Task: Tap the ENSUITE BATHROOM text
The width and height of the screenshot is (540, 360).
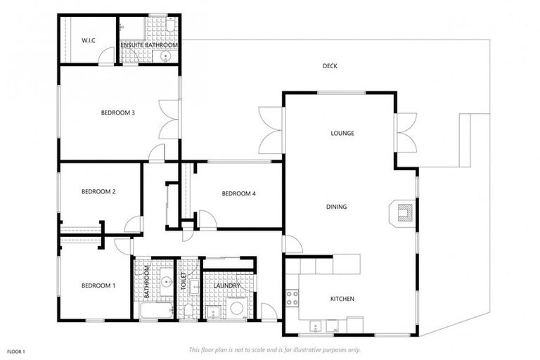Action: click(x=148, y=45)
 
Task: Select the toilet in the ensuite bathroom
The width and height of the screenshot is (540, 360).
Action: click(x=172, y=27)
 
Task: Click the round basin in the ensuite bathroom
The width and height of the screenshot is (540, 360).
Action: click(x=165, y=58)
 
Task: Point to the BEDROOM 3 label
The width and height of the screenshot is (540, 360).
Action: click(x=117, y=112)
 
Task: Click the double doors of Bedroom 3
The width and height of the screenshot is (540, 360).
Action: click(x=169, y=119)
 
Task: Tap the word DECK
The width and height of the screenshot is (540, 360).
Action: click(x=330, y=66)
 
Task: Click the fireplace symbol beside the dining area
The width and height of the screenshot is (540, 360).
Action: click(x=404, y=211)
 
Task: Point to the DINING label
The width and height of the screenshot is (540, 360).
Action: click(x=336, y=207)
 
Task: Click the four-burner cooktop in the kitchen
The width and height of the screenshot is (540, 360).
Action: click(x=292, y=297)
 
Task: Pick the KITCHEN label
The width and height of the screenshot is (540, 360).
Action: click(x=342, y=299)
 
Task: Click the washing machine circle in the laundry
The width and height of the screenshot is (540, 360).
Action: click(x=237, y=308)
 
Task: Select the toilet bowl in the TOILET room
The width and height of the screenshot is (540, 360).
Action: click(x=189, y=311)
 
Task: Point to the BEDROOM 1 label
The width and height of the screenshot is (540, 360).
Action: click(x=98, y=285)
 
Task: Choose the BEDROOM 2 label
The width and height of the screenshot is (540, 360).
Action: click(x=98, y=191)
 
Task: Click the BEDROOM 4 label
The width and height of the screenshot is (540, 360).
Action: click(x=238, y=193)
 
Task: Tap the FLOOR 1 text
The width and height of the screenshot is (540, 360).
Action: click(x=16, y=351)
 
